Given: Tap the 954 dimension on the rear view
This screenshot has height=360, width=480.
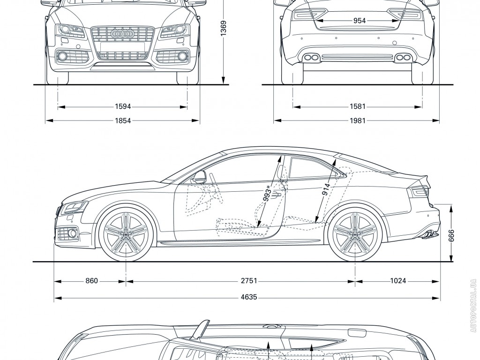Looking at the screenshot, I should [360, 21].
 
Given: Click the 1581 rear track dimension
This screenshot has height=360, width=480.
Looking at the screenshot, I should [358, 106].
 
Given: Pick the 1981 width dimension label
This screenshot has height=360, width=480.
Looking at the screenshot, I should [358, 120].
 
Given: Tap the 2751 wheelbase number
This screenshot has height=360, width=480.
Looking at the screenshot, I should [249, 281].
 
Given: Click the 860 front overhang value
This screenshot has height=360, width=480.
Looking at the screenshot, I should [92, 281].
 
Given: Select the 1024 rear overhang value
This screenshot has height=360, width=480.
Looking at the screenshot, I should [397, 281].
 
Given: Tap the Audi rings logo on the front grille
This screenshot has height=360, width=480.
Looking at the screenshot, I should [122, 34].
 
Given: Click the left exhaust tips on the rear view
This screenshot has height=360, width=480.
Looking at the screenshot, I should [310, 58].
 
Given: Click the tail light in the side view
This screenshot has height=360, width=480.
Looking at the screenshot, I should [420, 191].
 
